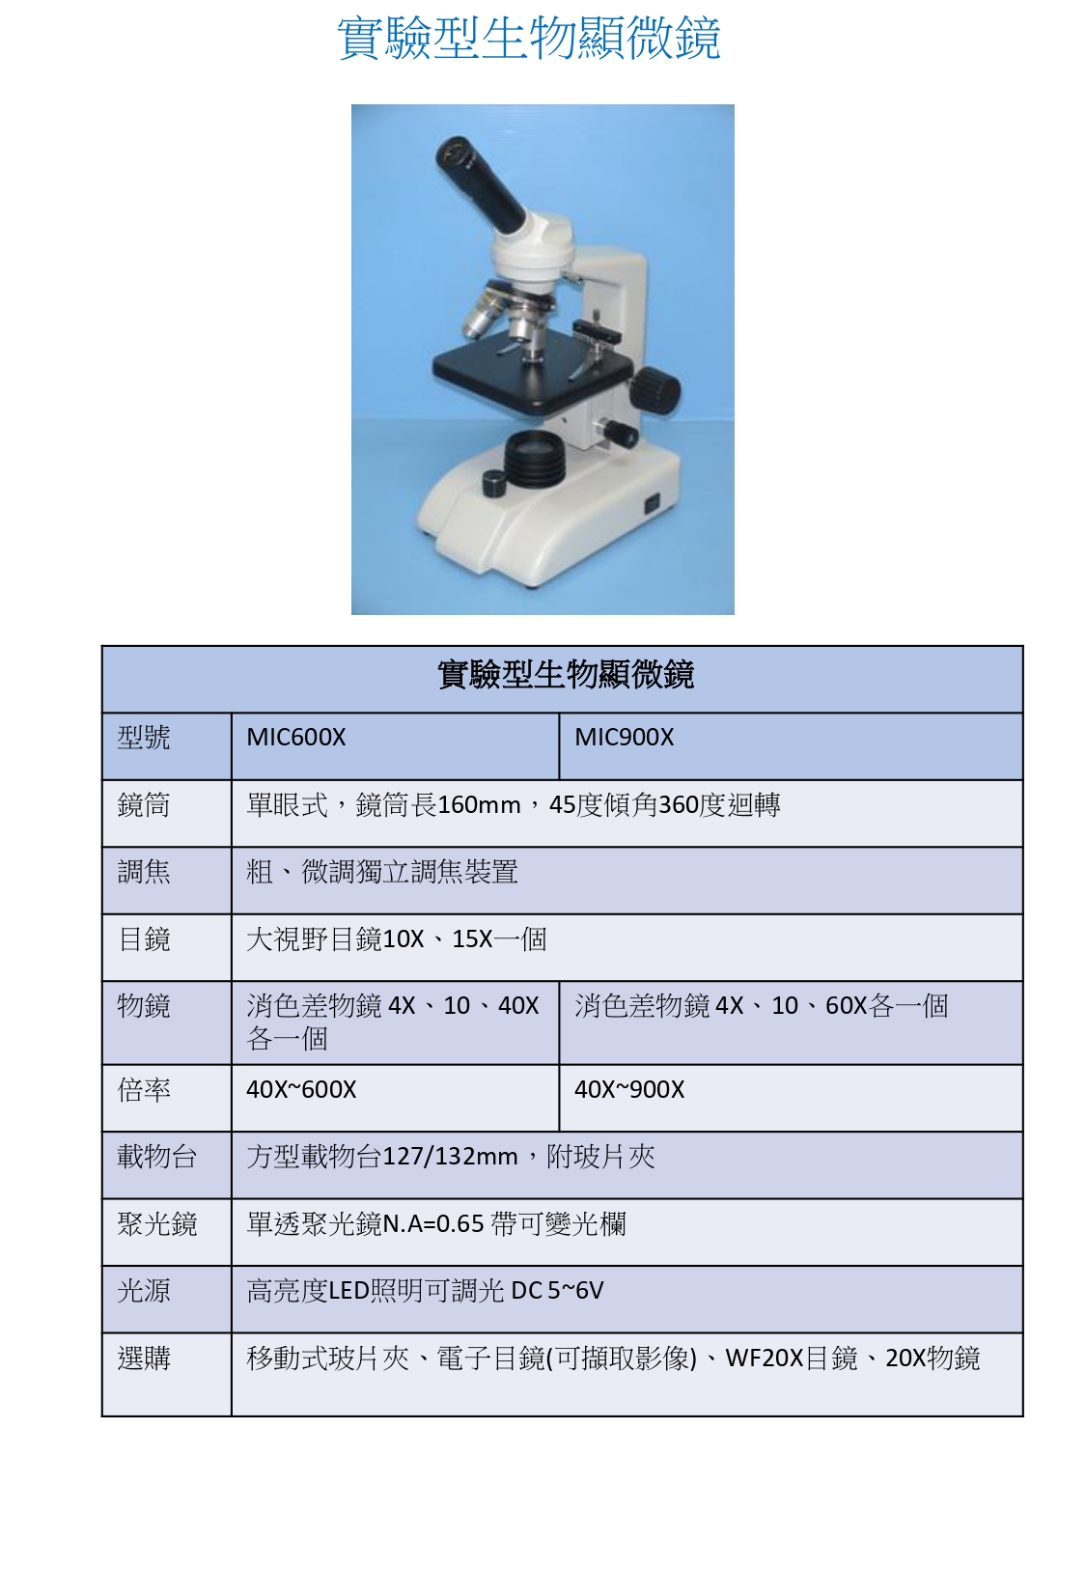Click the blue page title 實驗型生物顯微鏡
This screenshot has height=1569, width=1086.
pyautogui.click(x=529, y=38)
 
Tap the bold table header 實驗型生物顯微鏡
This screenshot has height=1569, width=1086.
pyautogui.click(x=565, y=674)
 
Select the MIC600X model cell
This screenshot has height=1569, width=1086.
pyautogui.click(x=295, y=737)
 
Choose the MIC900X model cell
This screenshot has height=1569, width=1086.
pyautogui.click(x=624, y=737)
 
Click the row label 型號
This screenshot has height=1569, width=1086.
pyautogui.click(x=144, y=738)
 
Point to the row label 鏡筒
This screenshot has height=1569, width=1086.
pyautogui.click(x=144, y=805)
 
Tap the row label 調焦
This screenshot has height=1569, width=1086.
pyautogui.click(x=144, y=872)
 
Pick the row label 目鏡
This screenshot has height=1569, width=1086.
pyautogui.click(x=144, y=939)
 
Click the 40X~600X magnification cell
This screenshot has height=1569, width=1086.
pyautogui.click(x=301, y=1089)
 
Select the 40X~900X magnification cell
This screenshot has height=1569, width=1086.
pyautogui.click(x=629, y=1089)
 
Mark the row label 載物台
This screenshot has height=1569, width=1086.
pyautogui.click(x=156, y=1157)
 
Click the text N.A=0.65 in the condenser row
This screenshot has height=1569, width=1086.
pyautogui.click(x=434, y=1223)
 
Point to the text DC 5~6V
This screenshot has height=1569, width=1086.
pyautogui.click(x=557, y=1290)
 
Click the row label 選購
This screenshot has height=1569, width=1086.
pyautogui.click(x=144, y=1359)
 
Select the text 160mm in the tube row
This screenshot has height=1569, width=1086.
pyautogui.click(x=479, y=805)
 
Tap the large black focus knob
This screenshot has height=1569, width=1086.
pyautogui.click(x=654, y=389)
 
